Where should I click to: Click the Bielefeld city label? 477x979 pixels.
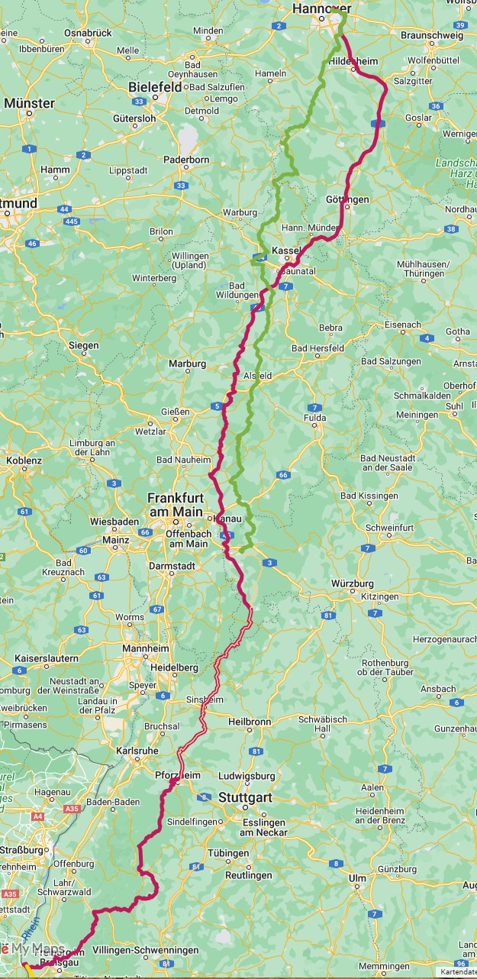(155, 87)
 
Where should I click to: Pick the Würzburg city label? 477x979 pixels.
(353, 583)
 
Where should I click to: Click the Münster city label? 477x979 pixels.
(29, 103)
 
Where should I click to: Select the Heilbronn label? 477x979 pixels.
(250, 721)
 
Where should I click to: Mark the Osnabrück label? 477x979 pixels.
(88, 33)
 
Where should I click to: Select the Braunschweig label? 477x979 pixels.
(432, 35)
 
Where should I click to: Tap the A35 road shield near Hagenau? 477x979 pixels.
(73, 808)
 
